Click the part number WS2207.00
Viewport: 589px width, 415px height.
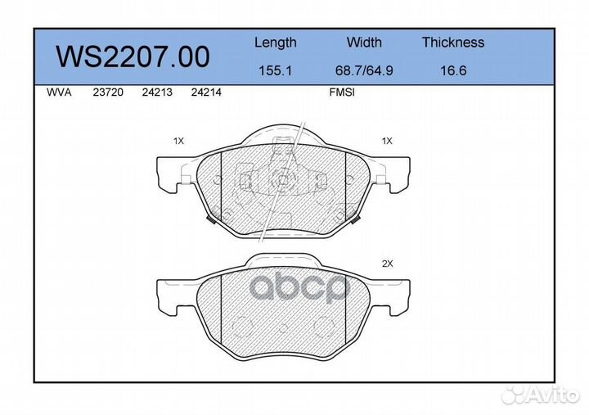pos(133,56)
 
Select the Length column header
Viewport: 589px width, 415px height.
pos(276,43)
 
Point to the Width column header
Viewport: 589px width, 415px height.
pos(364,43)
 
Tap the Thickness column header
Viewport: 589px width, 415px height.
pos(453,43)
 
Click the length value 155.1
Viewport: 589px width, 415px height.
pos(276,70)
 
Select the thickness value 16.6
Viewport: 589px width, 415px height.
pos(453,70)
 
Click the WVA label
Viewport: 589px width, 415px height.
pos(60,93)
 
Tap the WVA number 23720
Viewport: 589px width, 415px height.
pos(108,93)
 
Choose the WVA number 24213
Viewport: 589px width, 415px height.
pos(156,93)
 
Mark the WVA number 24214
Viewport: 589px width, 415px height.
pos(205,93)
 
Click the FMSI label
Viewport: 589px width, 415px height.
pos(341,93)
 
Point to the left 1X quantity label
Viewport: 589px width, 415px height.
pos(178,141)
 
